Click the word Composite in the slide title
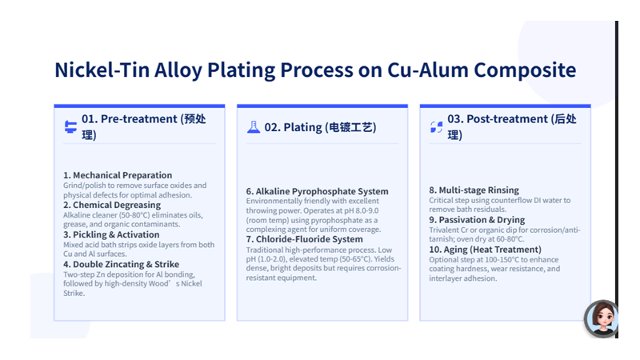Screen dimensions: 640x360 (x=525, y=70)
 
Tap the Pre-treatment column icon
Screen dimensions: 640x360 (x=70, y=127)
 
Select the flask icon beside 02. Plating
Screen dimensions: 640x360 (x=254, y=127)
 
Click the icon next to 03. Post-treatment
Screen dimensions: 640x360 (x=436, y=127)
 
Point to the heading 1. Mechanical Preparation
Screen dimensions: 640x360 (x=118, y=175)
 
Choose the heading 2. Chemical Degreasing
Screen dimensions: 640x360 (x=112, y=205)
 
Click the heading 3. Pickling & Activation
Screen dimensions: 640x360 (x=111, y=234)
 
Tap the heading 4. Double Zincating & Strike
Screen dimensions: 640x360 (x=122, y=265)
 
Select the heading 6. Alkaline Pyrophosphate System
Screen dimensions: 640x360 (x=317, y=191)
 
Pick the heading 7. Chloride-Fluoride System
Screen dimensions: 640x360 (x=304, y=239)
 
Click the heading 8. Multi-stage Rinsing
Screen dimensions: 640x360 (x=474, y=190)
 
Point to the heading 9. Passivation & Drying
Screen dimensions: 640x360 (x=477, y=220)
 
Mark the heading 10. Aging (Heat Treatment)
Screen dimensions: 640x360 (x=486, y=250)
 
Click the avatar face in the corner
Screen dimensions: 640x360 (x=602, y=318)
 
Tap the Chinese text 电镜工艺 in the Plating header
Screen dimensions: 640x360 (x=350, y=127)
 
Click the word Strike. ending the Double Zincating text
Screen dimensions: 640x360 (x=74, y=293)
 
